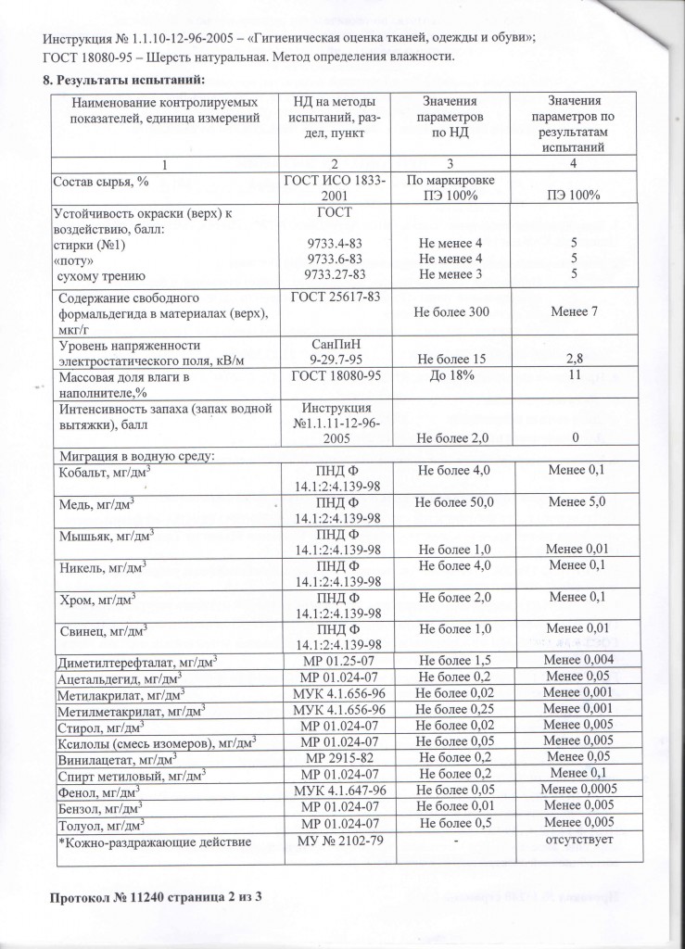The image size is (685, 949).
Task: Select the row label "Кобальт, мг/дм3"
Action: pyautogui.click(x=105, y=473)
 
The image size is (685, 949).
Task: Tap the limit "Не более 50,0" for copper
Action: pyautogui.click(x=454, y=502)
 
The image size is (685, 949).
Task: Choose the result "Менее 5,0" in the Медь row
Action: pyautogui.click(x=576, y=502)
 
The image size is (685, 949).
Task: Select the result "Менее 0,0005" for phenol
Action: pyautogui.click(x=576, y=791)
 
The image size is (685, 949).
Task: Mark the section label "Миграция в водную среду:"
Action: pyautogui.click(x=136, y=456)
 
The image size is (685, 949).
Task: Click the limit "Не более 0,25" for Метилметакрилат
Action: pyautogui.click(x=453, y=709)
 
